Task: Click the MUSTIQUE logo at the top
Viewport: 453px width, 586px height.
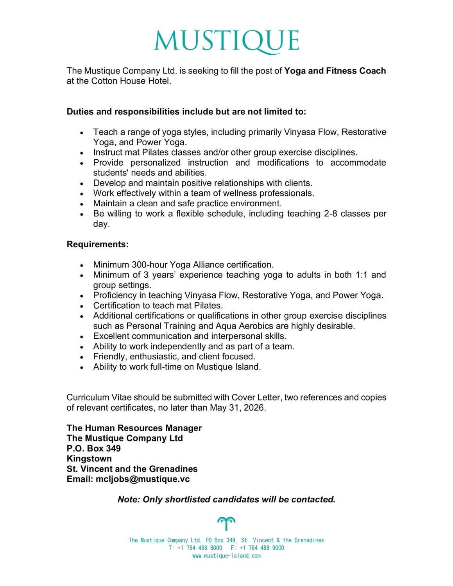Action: pyautogui.click(x=227, y=41)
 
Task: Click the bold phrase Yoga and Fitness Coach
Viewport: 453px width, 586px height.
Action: pyautogui.click(x=335, y=71)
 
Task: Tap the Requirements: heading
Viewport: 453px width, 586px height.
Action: pyautogui.click(x=97, y=245)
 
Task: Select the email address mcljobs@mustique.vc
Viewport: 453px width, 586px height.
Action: pyautogui.click(x=143, y=479)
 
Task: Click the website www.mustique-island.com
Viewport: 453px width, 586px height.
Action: pyautogui.click(x=226, y=556)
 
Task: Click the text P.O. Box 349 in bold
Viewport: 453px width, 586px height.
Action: pyautogui.click(x=93, y=448)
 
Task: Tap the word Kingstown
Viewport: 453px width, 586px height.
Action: pyautogui.click(x=89, y=459)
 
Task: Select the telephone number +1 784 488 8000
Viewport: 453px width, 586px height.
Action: pyautogui.click(x=199, y=548)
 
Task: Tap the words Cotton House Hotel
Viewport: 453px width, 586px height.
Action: pyautogui.click(x=131, y=81)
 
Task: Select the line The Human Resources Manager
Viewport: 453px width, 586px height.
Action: pyautogui.click(x=134, y=428)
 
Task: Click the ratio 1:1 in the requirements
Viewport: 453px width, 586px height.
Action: pyautogui.click(x=362, y=275)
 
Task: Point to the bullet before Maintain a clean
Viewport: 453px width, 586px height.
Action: pyautogui.click(x=82, y=204)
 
